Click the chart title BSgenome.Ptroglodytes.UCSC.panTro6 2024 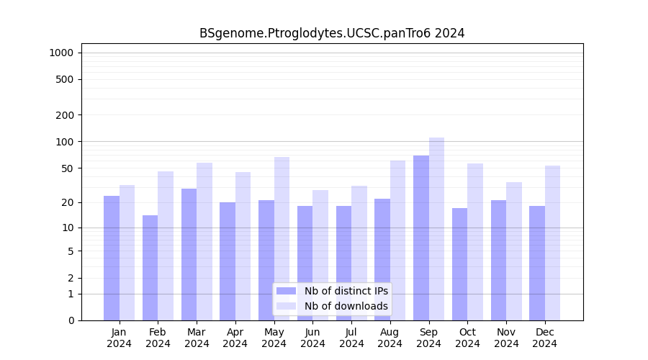click(332, 33)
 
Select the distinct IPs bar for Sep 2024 click(421, 238)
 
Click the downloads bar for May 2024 click(282, 238)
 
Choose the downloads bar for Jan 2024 click(127, 253)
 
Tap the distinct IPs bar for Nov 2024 click(498, 260)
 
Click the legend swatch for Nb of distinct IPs click(286, 291)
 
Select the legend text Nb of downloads click(346, 306)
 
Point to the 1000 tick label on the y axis click(61, 53)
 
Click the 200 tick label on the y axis click(66, 115)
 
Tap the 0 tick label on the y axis click(71, 320)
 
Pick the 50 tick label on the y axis click(68, 168)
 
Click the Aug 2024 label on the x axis click(390, 338)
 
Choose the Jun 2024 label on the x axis click(312, 338)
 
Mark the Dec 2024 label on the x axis click(545, 338)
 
